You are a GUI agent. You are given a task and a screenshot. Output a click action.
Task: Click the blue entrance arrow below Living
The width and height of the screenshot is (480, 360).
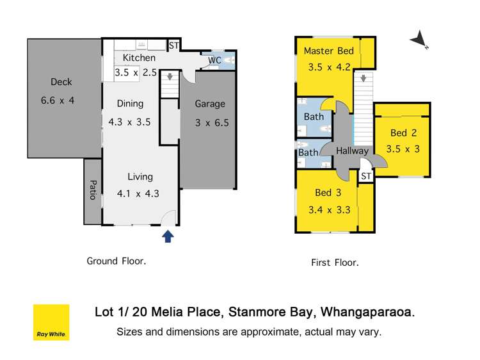pyautogui.click(x=168, y=237)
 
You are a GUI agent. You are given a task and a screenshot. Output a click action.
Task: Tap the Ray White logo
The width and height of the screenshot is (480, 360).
pyautogui.click(x=51, y=322)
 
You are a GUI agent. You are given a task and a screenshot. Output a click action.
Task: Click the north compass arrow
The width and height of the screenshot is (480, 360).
pyautogui.click(x=419, y=40)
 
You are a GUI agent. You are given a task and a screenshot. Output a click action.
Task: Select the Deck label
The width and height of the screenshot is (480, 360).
pyautogui.click(x=61, y=82)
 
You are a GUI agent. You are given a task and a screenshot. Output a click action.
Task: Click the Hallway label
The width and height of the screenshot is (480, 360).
pyautogui.click(x=352, y=151)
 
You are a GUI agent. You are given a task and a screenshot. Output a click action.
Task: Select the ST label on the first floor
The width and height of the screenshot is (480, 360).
pyautogui.click(x=365, y=176)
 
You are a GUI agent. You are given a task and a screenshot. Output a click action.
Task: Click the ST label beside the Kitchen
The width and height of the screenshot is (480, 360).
pyautogui.click(x=173, y=45)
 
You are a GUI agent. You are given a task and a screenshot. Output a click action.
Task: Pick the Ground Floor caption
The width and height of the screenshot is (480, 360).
pyautogui.click(x=116, y=261)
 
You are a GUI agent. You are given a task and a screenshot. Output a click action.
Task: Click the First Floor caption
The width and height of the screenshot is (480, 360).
pyautogui.click(x=335, y=262)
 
